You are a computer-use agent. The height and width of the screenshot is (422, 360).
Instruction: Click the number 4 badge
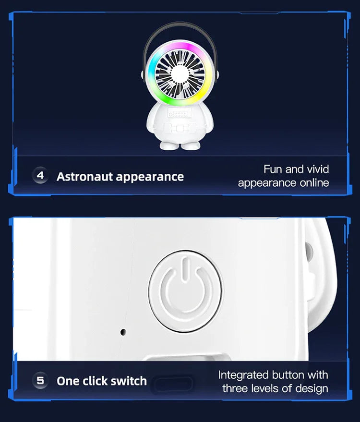click(x=40, y=176)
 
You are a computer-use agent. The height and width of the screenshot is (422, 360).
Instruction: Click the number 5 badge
click(x=40, y=381)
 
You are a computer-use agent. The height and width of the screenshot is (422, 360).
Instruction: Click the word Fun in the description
click(x=272, y=169)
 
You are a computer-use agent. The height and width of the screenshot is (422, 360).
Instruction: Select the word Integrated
click(x=243, y=374)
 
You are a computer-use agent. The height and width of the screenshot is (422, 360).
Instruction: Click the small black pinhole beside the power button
click(x=123, y=332)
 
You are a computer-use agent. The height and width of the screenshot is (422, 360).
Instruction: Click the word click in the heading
click(x=94, y=381)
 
